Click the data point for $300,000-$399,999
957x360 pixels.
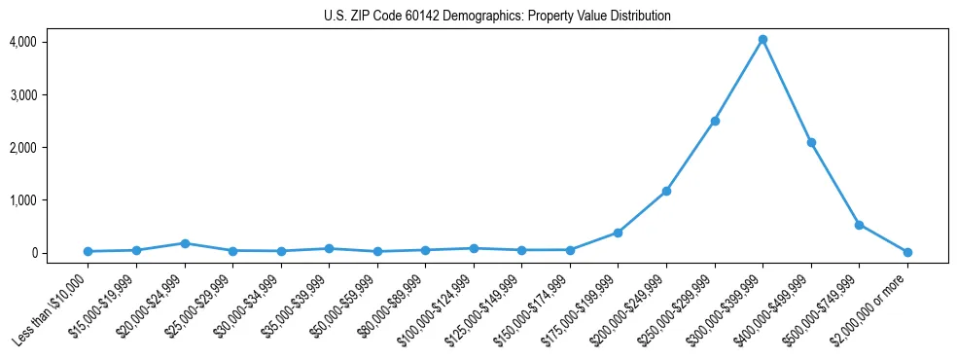[762, 40]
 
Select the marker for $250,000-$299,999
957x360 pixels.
[715, 121]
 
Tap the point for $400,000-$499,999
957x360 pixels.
[811, 142]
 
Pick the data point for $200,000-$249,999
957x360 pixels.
[666, 191]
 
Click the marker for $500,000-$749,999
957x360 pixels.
[859, 225]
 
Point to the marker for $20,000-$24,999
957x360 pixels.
[184, 243]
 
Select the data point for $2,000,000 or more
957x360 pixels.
[907, 252]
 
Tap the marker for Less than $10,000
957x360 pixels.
[88, 251]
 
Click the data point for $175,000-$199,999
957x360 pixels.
[618, 233]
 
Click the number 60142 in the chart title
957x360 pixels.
[419, 17]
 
